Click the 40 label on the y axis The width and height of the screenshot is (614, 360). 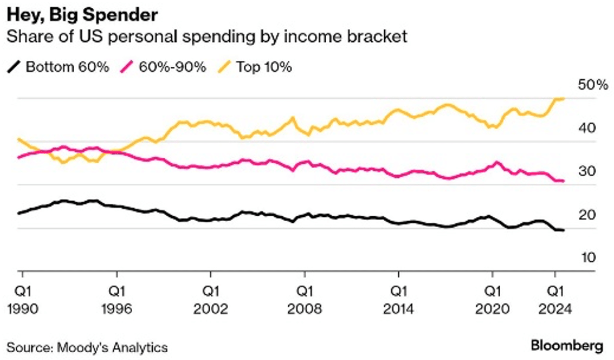coord(589,128)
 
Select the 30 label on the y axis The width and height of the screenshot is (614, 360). coord(589,171)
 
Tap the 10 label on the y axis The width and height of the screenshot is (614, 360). coord(589,258)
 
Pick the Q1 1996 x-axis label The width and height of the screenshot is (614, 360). coord(117,300)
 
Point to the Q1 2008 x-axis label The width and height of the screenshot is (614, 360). coord(304,300)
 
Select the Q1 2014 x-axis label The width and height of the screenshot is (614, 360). coord(398,300)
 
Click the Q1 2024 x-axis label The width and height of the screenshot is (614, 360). coord(554,300)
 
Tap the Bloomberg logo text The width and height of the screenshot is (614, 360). coord(567,346)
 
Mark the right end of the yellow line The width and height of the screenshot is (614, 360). coord(564,99)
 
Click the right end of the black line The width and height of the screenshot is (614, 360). coord(564,230)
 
